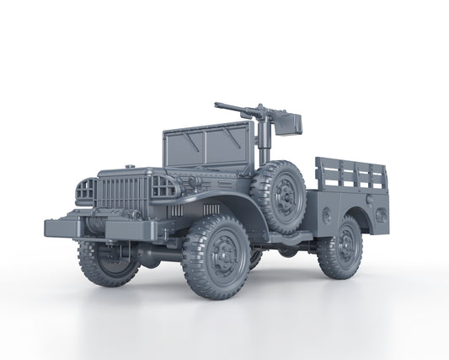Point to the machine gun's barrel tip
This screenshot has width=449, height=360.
point(217,106)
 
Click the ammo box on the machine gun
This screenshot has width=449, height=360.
point(291,123)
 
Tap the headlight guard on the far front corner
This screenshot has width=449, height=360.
point(85,192)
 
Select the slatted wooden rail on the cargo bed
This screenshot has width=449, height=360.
point(351,175)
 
